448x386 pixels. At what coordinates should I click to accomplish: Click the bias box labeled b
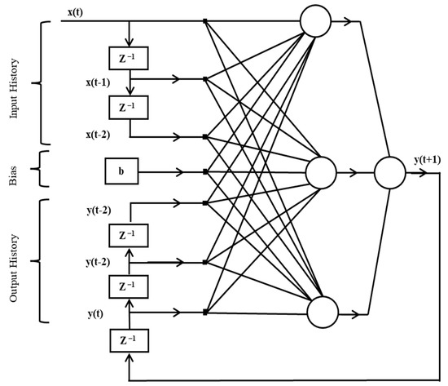pos(121,172)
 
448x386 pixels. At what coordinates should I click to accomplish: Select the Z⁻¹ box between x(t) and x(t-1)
pos(126,58)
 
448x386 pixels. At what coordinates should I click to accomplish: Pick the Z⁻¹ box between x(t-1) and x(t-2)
pos(126,108)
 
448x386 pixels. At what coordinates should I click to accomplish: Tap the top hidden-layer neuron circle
pos(314,20)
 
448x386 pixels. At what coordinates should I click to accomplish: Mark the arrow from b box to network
pos(171,172)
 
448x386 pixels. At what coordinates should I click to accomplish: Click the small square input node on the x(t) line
pos(205,21)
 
